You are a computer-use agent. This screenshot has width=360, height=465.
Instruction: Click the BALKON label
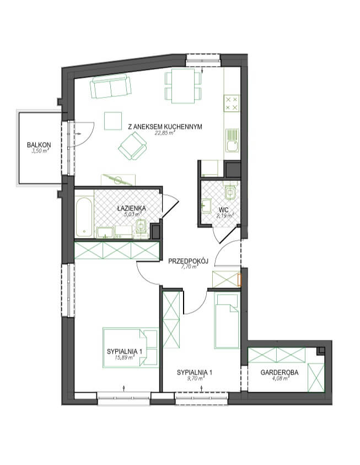39,145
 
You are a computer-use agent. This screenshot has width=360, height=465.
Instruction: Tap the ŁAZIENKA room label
131,208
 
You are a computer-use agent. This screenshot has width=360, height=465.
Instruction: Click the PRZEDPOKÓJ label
188,261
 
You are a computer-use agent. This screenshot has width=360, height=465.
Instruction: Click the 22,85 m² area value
164,133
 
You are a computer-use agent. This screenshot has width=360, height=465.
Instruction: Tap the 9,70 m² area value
194,379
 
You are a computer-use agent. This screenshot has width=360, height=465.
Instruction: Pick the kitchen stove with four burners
232,103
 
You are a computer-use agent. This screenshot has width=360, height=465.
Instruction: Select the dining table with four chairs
183,86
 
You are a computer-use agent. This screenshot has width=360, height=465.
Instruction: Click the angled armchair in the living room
132,146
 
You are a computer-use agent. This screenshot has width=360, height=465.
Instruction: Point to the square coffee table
113,121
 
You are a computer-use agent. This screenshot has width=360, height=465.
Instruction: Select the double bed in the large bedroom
131,348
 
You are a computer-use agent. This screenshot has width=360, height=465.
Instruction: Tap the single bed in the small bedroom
227,321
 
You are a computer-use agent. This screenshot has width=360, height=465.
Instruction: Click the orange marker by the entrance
239,279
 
